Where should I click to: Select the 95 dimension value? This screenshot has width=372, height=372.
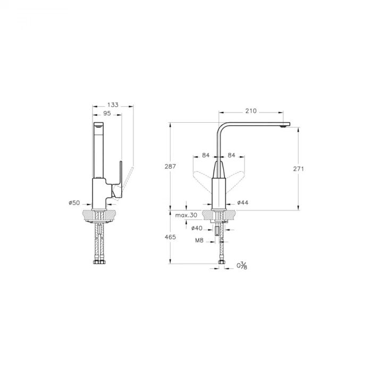[107, 114]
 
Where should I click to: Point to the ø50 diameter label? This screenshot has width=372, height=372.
[74, 202]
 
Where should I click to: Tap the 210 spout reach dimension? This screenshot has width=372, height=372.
[251, 111]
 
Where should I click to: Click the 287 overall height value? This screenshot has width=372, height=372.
[170, 166]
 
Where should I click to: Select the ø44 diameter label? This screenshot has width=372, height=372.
[243, 202]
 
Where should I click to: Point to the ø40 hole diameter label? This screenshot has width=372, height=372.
[197, 229]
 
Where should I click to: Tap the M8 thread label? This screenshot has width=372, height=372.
[199, 241]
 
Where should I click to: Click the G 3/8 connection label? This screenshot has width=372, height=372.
[242, 265]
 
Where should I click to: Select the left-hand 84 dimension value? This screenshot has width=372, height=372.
[206, 156]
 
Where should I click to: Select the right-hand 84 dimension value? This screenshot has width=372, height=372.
[231, 156]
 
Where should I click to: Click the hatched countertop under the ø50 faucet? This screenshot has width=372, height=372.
[88, 215]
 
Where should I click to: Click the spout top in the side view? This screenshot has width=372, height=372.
[99, 125]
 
